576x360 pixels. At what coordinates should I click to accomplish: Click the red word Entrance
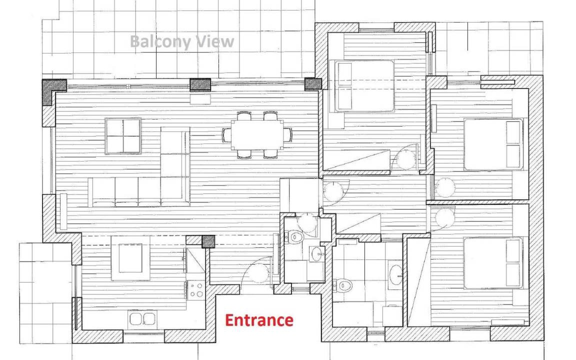coord(259,320)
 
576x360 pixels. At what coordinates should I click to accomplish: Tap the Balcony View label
coord(182,41)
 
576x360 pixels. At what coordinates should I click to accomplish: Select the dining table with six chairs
coord(257,135)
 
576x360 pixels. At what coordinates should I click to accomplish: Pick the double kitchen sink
coord(143,319)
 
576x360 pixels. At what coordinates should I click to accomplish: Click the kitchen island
coord(130,258)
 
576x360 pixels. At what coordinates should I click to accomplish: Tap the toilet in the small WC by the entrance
coord(294,236)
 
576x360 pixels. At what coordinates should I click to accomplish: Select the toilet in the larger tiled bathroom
coord(342,284)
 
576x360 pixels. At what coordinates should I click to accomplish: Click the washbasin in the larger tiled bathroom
coord(395,275)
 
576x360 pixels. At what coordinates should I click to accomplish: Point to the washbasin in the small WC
coord(317,253)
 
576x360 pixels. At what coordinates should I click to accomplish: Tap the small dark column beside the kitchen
coord(208,241)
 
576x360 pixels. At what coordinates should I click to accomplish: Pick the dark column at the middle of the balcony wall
coord(200,85)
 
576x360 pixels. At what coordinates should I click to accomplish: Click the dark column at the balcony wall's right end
coord(313,84)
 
